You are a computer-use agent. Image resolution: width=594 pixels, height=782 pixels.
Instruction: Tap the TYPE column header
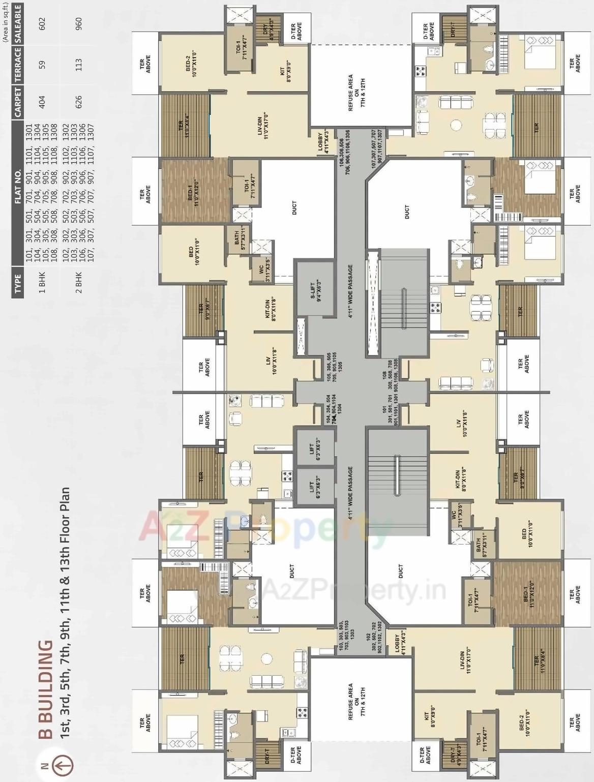[x=18, y=284]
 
